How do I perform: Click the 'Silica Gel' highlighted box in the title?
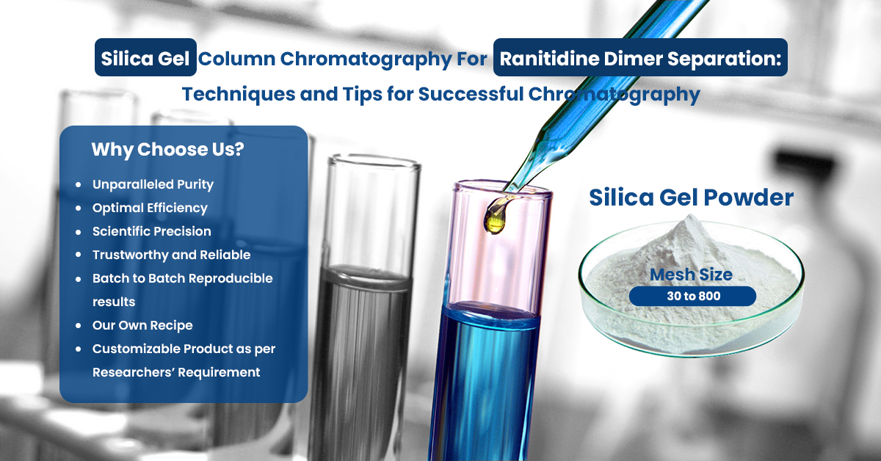pos(145,58)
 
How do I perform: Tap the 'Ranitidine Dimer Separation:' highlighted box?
pos(640,58)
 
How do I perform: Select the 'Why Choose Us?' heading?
pos(167,150)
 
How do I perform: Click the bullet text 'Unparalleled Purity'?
pos(153,184)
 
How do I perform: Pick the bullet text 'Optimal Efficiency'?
pos(150,208)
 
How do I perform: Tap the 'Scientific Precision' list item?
pos(151,231)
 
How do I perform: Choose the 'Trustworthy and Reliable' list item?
pos(171,255)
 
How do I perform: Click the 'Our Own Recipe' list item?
pos(142,325)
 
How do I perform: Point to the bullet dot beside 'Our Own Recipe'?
pos(79,325)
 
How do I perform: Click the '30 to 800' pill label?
pos(692,296)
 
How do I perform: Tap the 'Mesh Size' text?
pos(691,275)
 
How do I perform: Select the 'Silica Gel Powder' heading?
pos(691,197)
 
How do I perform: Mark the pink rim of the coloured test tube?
pos(502,189)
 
